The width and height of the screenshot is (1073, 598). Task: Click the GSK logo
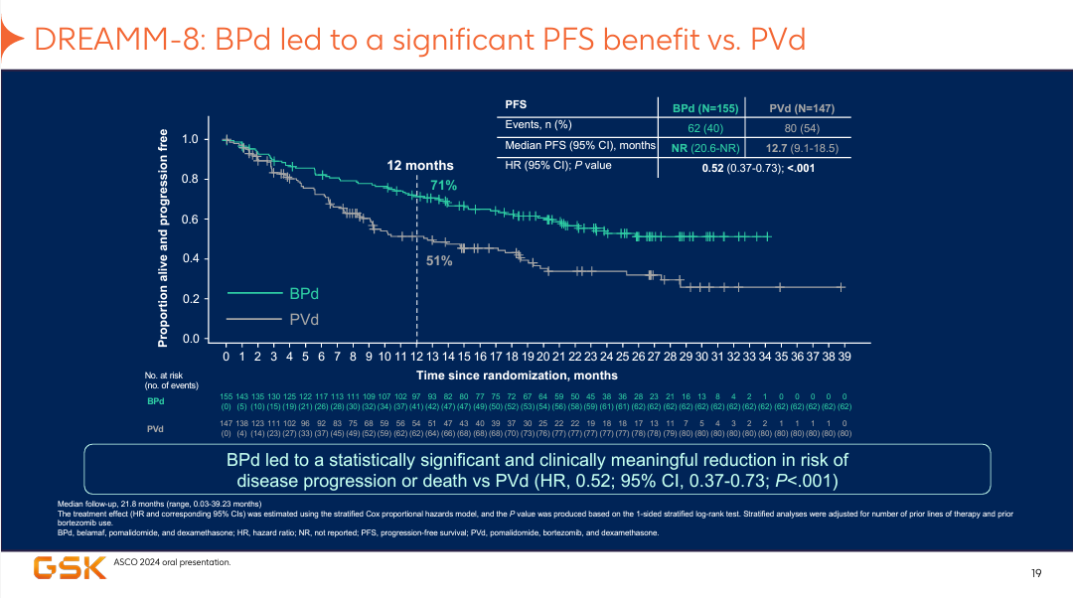pyautogui.click(x=71, y=568)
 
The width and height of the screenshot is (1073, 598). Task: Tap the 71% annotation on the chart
pyautogui.click(x=443, y=186)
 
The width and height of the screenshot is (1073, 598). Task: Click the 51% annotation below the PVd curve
pyautogui.click(x=440, y=261)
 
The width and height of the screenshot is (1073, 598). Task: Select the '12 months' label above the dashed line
pyautogui.click(x=420, y=166)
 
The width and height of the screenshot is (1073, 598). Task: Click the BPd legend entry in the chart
pyautogui.click(x=304, y=294)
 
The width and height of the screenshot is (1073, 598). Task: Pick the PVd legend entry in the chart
pyautogui.click(x=304, y=319)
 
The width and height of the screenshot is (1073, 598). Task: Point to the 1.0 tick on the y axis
pyautogui.click(x=190, y=140)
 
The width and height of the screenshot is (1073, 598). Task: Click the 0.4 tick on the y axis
pyautogui.click(x=190, y=259)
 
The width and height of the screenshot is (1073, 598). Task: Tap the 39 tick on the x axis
pyautogui.click(x=843, y=355)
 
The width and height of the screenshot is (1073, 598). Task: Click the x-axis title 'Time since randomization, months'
pyautogui.click(x=517, y=375)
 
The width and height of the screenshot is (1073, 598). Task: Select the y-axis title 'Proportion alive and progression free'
pyautogui.click(x=164, y=238)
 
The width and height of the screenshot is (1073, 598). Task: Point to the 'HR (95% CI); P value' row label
pyautogui.click(x=558, y=166)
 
